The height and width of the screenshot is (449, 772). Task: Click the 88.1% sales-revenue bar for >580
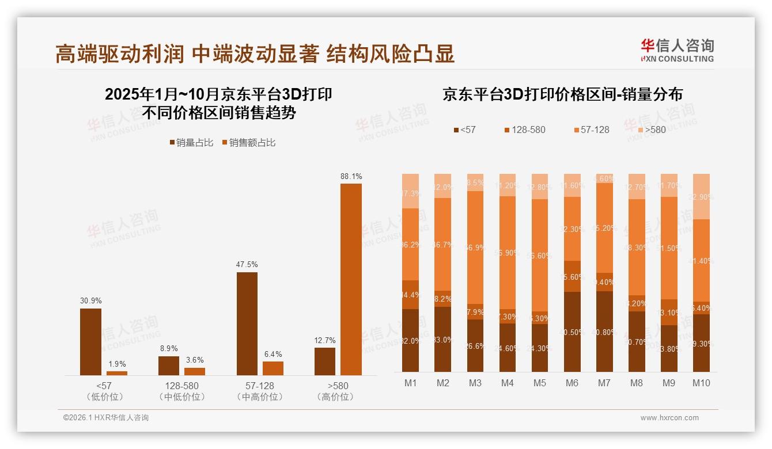tap(351, 279)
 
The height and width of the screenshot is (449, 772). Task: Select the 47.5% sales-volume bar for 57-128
tap(247, 324)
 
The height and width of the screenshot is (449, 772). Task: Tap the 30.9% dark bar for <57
tap(90, 342)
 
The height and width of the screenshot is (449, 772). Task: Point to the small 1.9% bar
tap(117, 373)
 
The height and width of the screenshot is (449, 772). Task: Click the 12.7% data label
tap(325, 340)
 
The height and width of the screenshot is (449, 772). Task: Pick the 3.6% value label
tap(194, 360)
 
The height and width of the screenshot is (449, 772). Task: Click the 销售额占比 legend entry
tap(248, 143)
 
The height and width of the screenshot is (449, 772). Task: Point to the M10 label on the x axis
tap(701, 383)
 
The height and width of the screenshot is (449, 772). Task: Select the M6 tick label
tap(572, 383)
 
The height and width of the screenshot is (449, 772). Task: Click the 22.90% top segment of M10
tap(701, 196)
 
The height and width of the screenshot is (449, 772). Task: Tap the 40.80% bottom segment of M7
tap(604, 332)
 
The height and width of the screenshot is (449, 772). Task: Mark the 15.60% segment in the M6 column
tap(572, 276)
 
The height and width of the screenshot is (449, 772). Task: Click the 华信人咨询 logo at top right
tap(677, 50)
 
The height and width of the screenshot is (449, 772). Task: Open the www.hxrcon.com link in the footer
tap(669, 418)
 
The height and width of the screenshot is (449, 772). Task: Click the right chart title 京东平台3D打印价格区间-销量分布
tap(562, 94)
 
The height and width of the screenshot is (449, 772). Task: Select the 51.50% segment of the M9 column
tap(669, 248)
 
